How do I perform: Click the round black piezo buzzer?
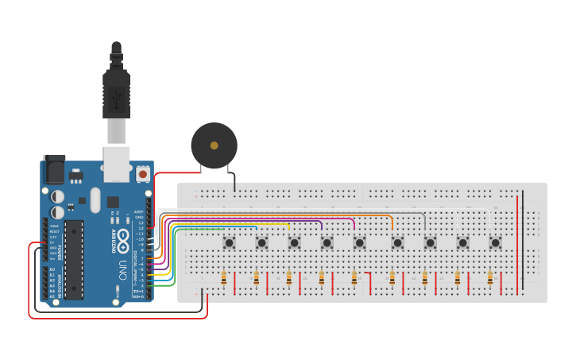pos(214,145)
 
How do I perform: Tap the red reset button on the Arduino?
pos(142,172)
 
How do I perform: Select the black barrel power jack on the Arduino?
pos(53,168)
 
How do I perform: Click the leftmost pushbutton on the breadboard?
pos(229,242)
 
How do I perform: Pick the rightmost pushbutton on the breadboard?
pos(495,242)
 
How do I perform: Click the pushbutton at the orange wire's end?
pos(396,242)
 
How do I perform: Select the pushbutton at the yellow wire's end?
pos(294,242)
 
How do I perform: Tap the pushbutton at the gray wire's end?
pos(430,242)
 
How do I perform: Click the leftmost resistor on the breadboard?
pos(224,278)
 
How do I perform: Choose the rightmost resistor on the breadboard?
pos(489,278)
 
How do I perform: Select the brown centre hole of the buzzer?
pos(214,145)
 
